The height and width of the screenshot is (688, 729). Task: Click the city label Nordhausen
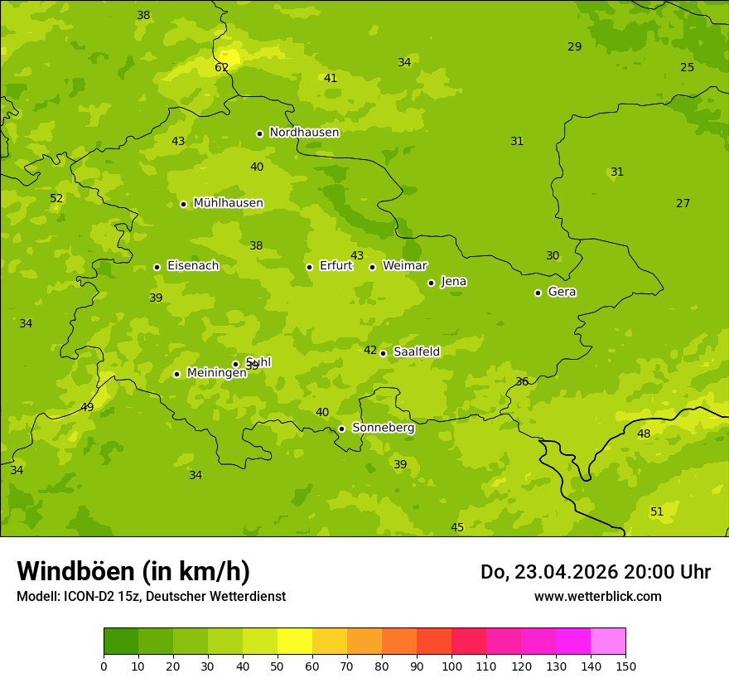304,133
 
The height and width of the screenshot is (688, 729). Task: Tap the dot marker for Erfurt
309,267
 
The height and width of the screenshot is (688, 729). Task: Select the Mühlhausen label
228,203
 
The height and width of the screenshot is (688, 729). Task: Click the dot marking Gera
538,293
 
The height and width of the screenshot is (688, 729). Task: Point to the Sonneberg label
383,428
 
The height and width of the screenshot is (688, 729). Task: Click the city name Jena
453,282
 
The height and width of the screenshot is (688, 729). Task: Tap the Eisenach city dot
157,267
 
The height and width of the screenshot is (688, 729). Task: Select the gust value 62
221,68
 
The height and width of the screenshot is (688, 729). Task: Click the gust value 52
56,198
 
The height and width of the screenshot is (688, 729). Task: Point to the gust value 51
657,512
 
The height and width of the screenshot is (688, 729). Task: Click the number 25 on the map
687,68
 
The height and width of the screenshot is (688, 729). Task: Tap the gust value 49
87,407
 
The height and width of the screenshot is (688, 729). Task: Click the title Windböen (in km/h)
133,571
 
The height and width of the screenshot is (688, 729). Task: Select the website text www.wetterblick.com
597,596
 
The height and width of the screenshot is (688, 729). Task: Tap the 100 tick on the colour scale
451,666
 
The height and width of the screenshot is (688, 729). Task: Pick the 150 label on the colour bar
625,666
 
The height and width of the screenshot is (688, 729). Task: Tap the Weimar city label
404,265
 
